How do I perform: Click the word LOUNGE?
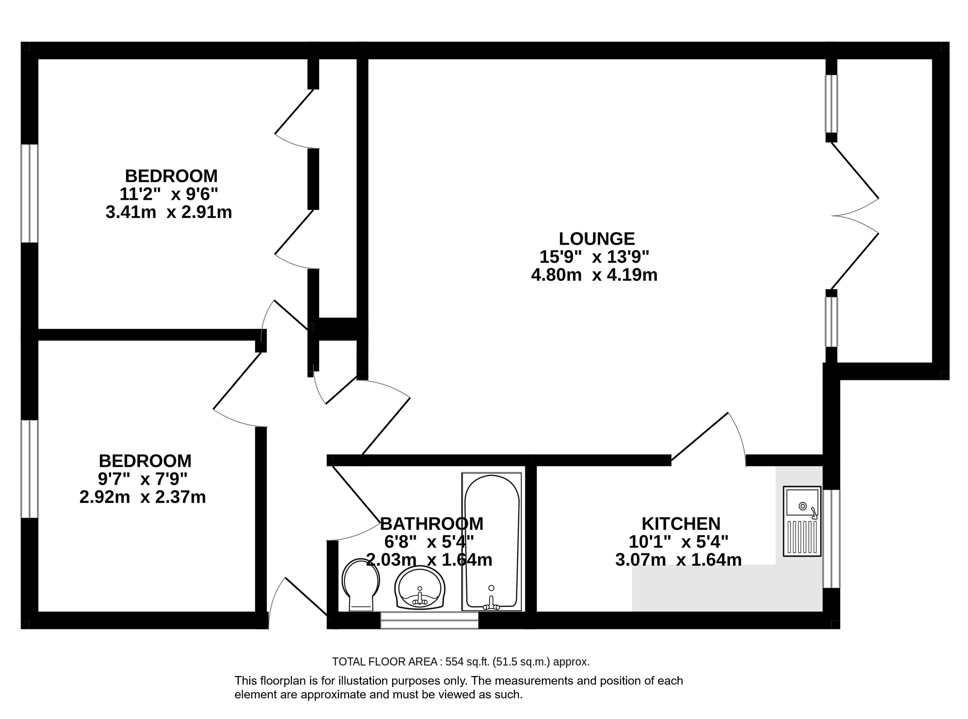(x=596, y=239)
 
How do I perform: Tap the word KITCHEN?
(x=681, y=523)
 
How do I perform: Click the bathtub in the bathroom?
(x=491, y=542)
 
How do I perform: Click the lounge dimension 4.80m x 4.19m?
(x=594, y=275)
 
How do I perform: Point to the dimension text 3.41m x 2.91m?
(x=169, y=212)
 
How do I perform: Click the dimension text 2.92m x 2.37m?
(x=143, y=497)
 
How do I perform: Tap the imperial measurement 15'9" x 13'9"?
(x=594, y=257)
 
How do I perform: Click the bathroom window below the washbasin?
(x=430, y=620)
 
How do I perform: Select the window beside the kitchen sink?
(x=831, y=539)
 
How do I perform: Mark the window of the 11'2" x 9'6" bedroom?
(x=30, y=193)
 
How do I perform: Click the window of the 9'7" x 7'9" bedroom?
(x=30, y=469)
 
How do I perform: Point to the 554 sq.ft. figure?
(x=470, y=662)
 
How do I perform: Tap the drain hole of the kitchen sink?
(x=803, y=506)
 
